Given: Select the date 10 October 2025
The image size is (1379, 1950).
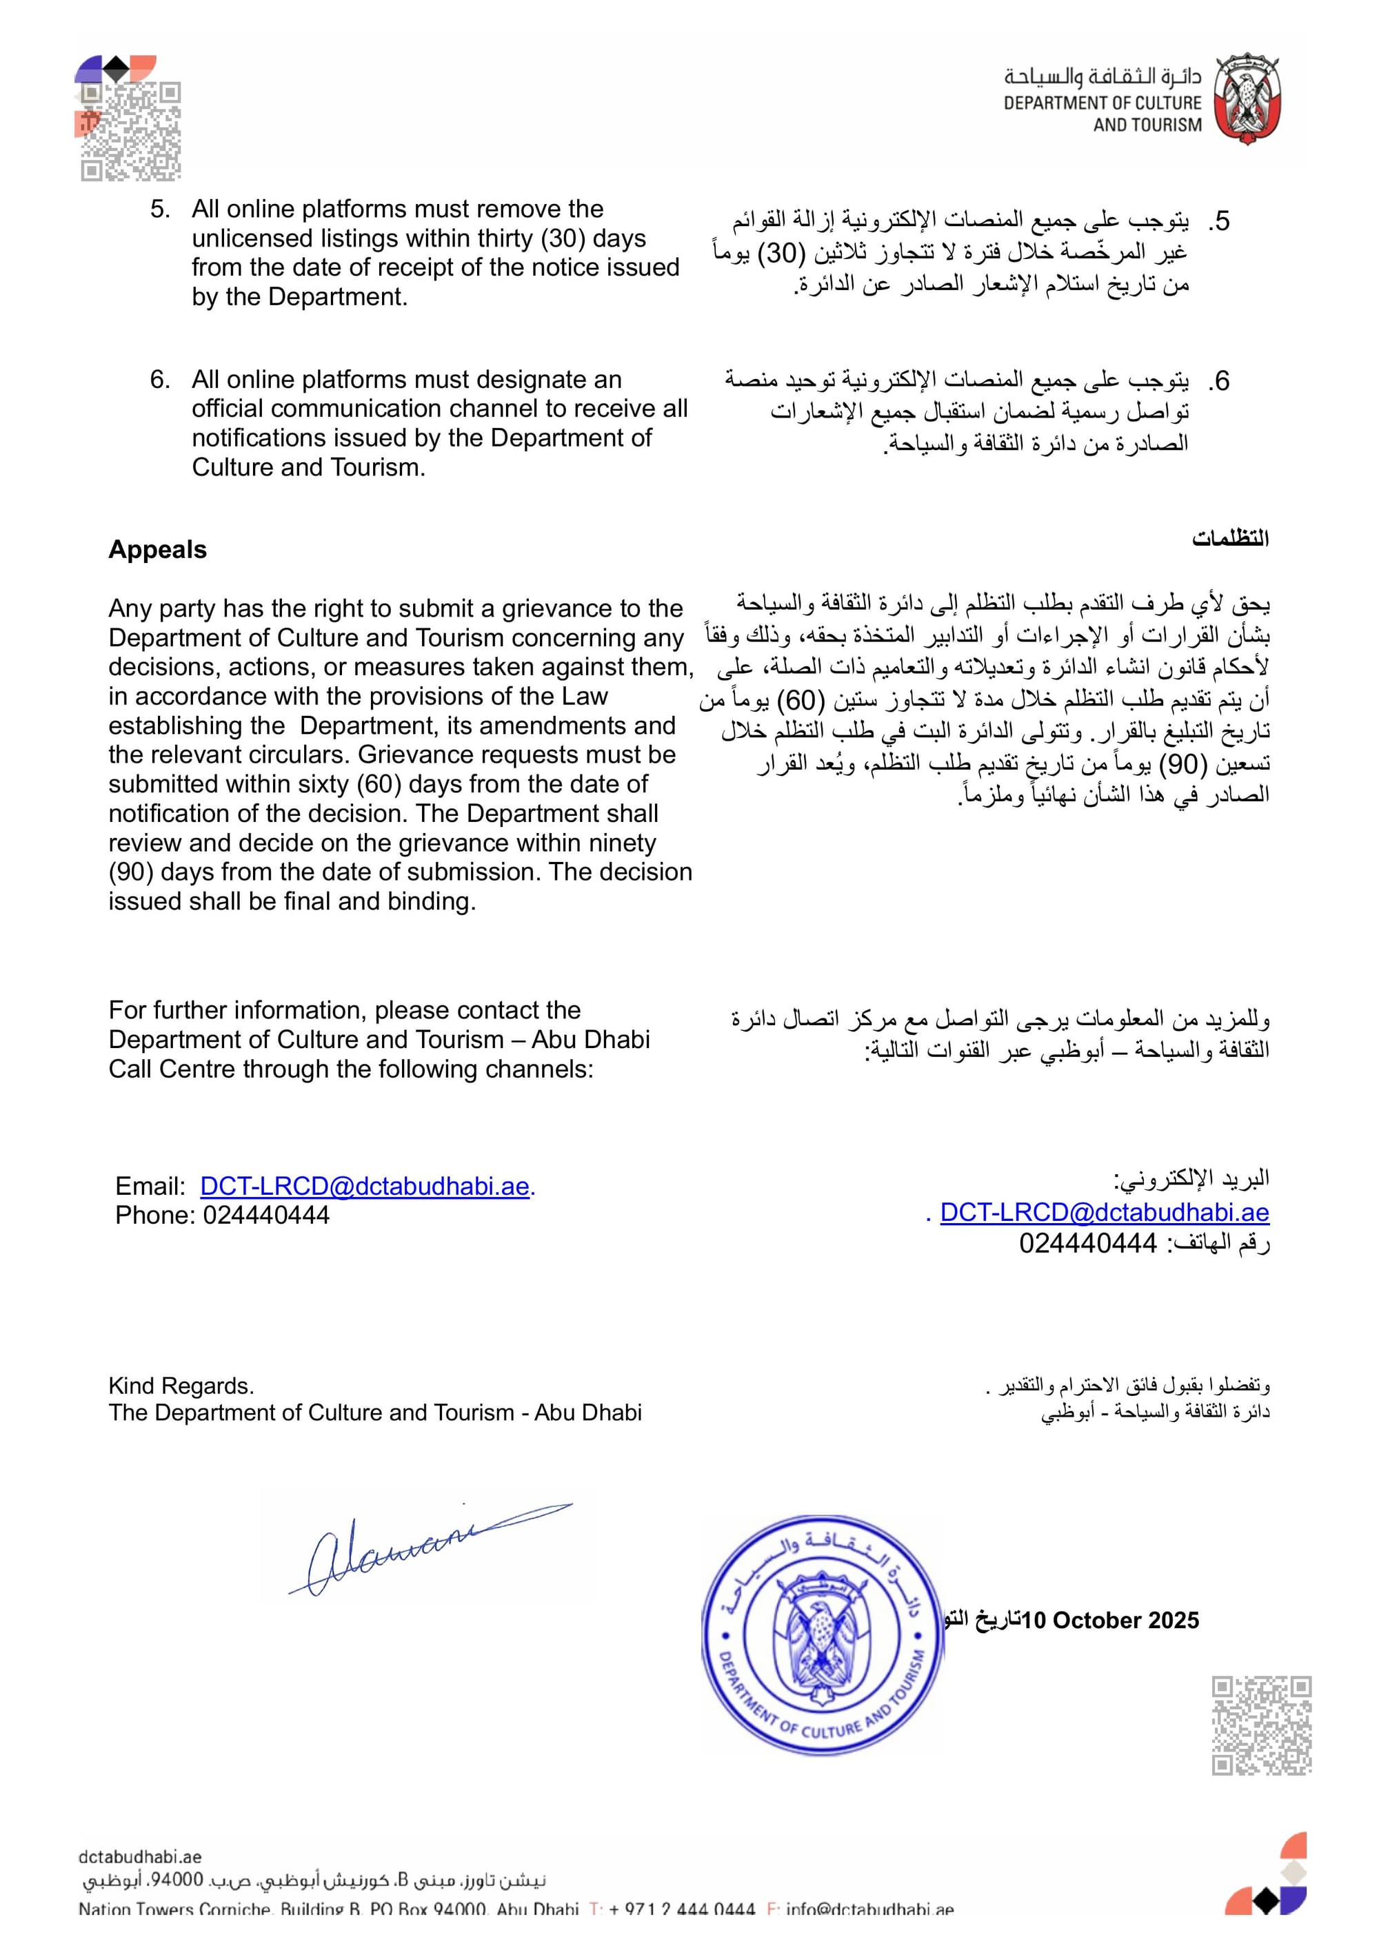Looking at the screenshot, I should pyautogui.click(x=1111, y=1621).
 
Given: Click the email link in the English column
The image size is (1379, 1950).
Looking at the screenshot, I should pyautogui.click(x=365, y=1186).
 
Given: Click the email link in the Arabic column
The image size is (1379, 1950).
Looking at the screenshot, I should pyautogui.click(x=1104, y=1212).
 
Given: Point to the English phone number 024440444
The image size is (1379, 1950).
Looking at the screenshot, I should pyautogui.click(x=266, y=1215).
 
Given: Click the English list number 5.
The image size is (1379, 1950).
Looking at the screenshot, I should pyautogui.click(x=160, y=209).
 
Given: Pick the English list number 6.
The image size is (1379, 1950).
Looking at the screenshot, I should pyautogui.click(x=160, y=380).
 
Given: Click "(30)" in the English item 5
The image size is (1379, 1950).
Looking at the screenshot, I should pyautogui.click(x=563, y=238).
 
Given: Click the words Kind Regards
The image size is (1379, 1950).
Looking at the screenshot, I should pyautogui.click(x=181, y=1386).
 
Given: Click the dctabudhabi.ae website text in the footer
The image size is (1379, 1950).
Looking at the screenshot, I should pyautogui.click(x=140, y=1858).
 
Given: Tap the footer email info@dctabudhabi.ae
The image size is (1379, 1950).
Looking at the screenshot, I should pyautogui.click(x=869, y=1910).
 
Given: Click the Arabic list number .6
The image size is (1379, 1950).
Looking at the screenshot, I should pyautogui.click(x=1219, y=381).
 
